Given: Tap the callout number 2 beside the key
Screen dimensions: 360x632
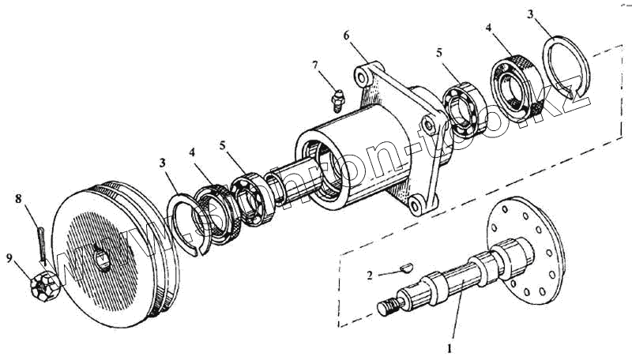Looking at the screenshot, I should (x=370, y=276).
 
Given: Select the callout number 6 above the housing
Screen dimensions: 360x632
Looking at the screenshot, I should (x=345, y=35).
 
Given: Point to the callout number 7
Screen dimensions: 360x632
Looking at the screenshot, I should (x=315, y=65).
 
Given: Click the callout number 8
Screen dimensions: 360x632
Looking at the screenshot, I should (x=17, y=198).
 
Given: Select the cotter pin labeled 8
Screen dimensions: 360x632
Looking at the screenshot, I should (x=39, y=240).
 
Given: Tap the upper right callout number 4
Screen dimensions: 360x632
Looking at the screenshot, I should (x=489, y=29).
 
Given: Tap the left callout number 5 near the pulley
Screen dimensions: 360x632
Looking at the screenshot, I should (x=223, y=146).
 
